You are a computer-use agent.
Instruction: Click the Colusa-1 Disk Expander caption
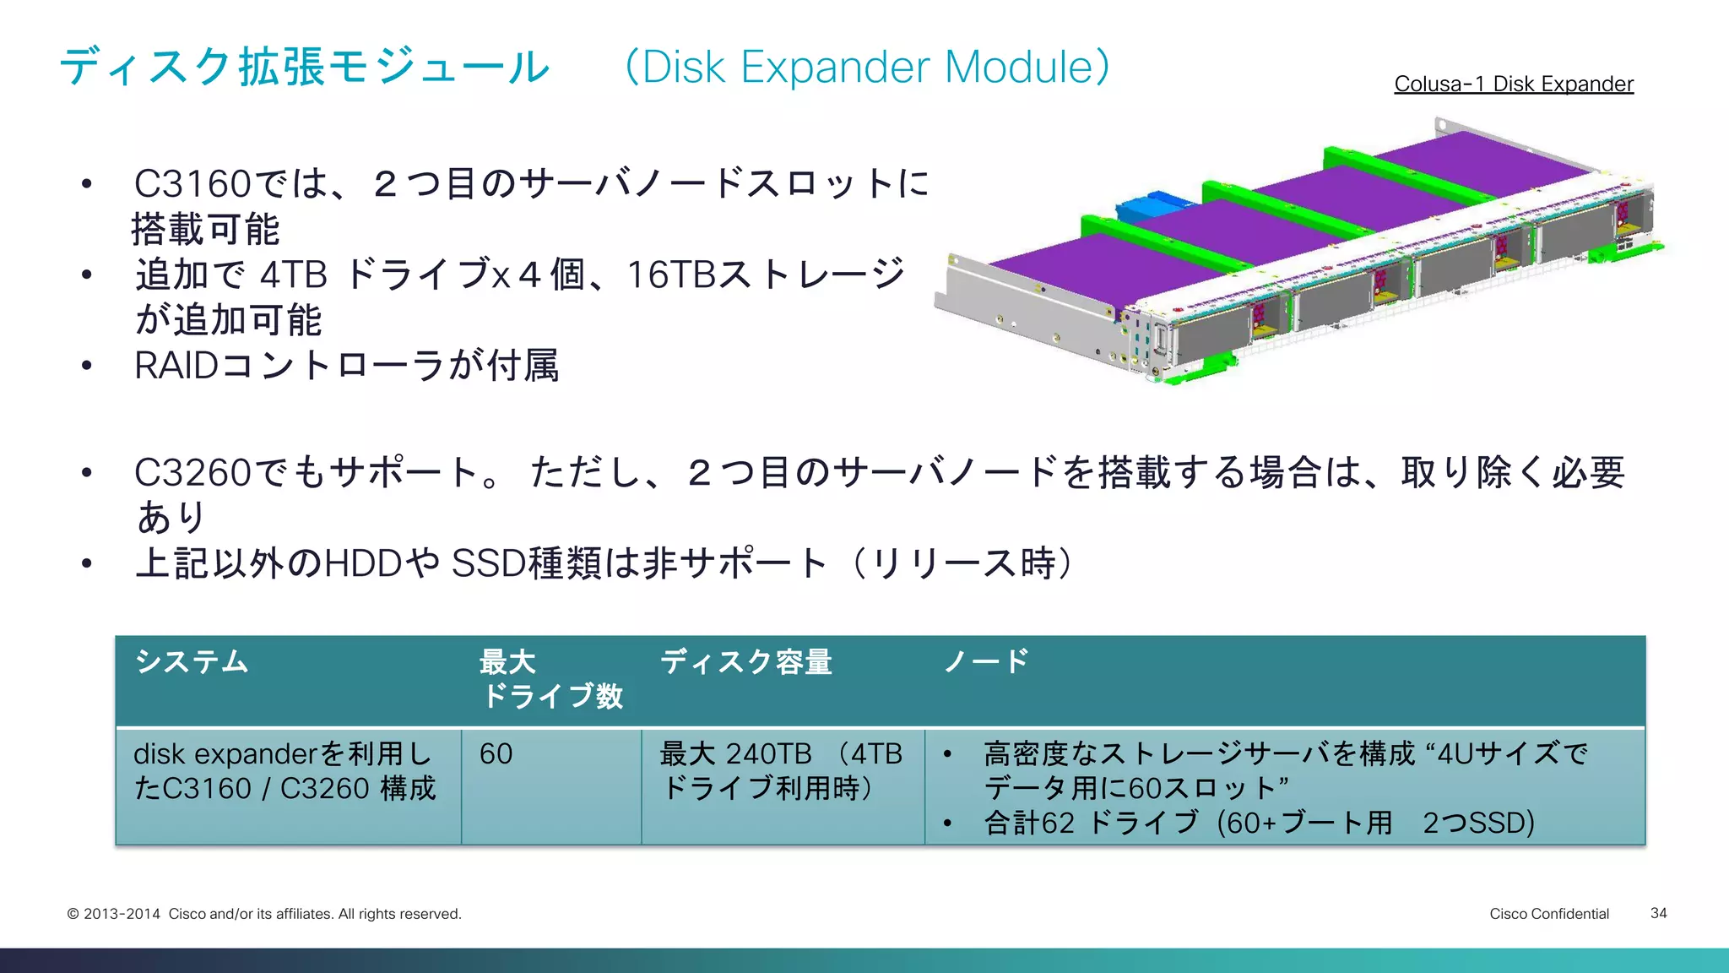click(x=1513, y=84)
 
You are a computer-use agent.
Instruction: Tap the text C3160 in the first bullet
click(x=192, y=183)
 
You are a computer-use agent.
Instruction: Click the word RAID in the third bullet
click(x=176, y=366)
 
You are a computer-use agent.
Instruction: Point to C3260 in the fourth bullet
click(x=192, y=472)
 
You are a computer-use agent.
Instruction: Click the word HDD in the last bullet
click(x=362, y=563)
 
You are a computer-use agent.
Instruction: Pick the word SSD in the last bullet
click(x=489, y=563)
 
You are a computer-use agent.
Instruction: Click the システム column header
click(x=192, y=661)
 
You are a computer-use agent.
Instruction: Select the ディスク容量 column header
click(x=746, y=661)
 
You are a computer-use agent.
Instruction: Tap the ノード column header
click(x=986, y=661)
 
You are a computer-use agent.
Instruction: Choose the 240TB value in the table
click(x=768, y=753)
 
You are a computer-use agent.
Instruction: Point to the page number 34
click(x=1658, y=913)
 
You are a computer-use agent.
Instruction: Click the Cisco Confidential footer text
click(x=1548, y=914)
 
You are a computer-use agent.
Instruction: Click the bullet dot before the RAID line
click(x=86, y=366)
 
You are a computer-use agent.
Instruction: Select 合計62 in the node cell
click(x=1029, y=822)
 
